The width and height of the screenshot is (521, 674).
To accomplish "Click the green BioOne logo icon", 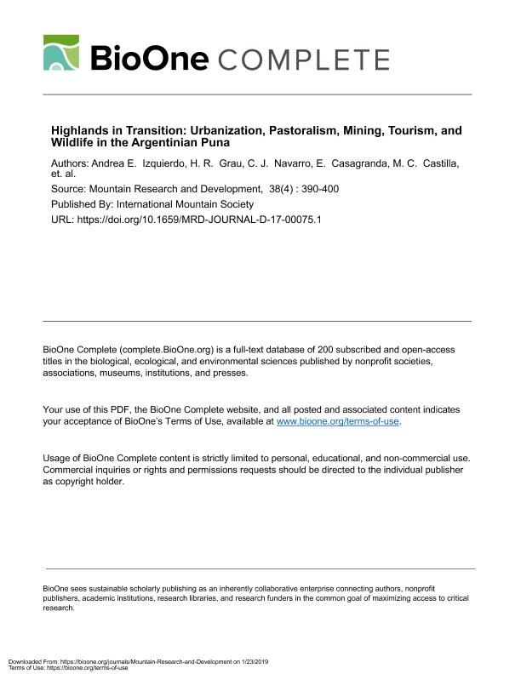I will (x=60, y=53).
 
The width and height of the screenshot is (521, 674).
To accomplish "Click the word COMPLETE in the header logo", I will (x=304, y=60).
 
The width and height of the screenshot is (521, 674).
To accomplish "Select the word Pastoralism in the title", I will (x=301, y=131).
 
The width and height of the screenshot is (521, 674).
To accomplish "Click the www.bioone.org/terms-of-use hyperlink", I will (x=338, y=421).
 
